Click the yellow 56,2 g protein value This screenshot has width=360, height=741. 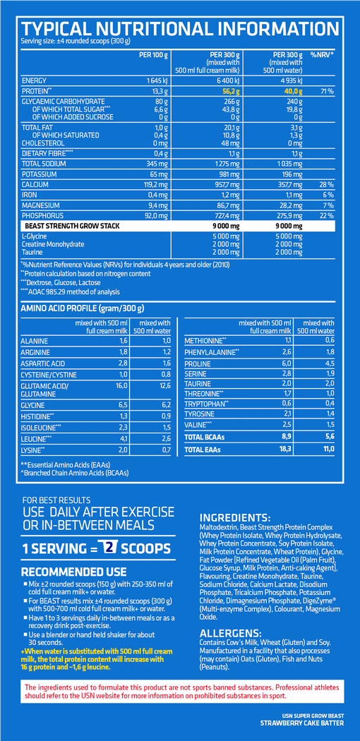(x=232, y=91)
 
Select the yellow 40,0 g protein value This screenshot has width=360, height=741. (x=292, y=91)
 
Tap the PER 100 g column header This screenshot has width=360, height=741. (x=154, y=54)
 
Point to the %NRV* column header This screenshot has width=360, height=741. (x=322, y=54)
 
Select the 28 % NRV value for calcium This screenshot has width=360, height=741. (x=327, y=184)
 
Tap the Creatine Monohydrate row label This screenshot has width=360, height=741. (x=53, y=244)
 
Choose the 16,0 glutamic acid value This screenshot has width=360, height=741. (x=121, y=385)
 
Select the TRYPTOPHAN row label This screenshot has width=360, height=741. (x=205, y=403)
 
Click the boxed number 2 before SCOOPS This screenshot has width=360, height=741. (x=110, y=547)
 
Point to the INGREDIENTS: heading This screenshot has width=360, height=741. (x=235, y=517)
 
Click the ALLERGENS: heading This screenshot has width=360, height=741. (x=231, y=633)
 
